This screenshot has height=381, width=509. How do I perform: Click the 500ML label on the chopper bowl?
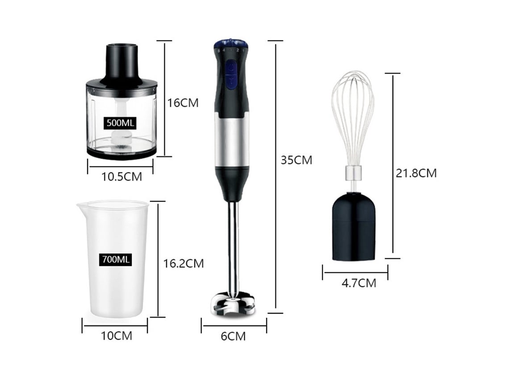[x=120, y=123]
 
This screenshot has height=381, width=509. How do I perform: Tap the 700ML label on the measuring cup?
[x=116, y=259]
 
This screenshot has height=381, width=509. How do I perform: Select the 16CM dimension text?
[x=183, y=102]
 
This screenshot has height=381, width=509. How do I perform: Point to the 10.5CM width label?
[x=122, y=176]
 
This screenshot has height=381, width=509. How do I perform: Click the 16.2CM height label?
[x=184, y=263]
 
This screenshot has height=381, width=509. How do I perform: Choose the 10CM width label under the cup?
[x=117, y=336]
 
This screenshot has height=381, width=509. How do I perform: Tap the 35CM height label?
[x=296, y=160]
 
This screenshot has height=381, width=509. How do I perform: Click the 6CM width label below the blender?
[x=233, y=336]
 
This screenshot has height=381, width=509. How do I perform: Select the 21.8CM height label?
[x=416, y=173]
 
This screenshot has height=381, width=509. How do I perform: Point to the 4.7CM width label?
[x=359, y=283]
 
